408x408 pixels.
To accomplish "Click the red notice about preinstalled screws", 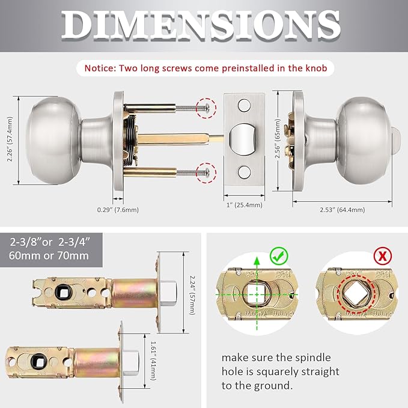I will (205, 69).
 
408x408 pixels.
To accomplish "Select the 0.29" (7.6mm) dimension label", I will (118, 210).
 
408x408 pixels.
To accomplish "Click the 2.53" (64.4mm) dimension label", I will (343, 210).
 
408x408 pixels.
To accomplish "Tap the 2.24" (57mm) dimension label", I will (190, 291).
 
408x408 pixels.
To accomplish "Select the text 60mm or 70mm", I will (49, 255).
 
